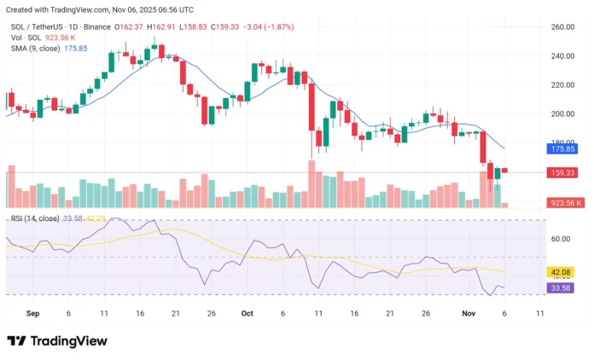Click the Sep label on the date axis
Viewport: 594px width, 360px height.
[32, 313]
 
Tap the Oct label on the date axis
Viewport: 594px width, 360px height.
[247, 313]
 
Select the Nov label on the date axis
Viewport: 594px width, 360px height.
[468, 313]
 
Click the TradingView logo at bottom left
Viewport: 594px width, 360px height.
[57, 341]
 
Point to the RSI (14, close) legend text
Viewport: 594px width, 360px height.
[35, 218]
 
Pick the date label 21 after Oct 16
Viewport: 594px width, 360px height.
[389, 313]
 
